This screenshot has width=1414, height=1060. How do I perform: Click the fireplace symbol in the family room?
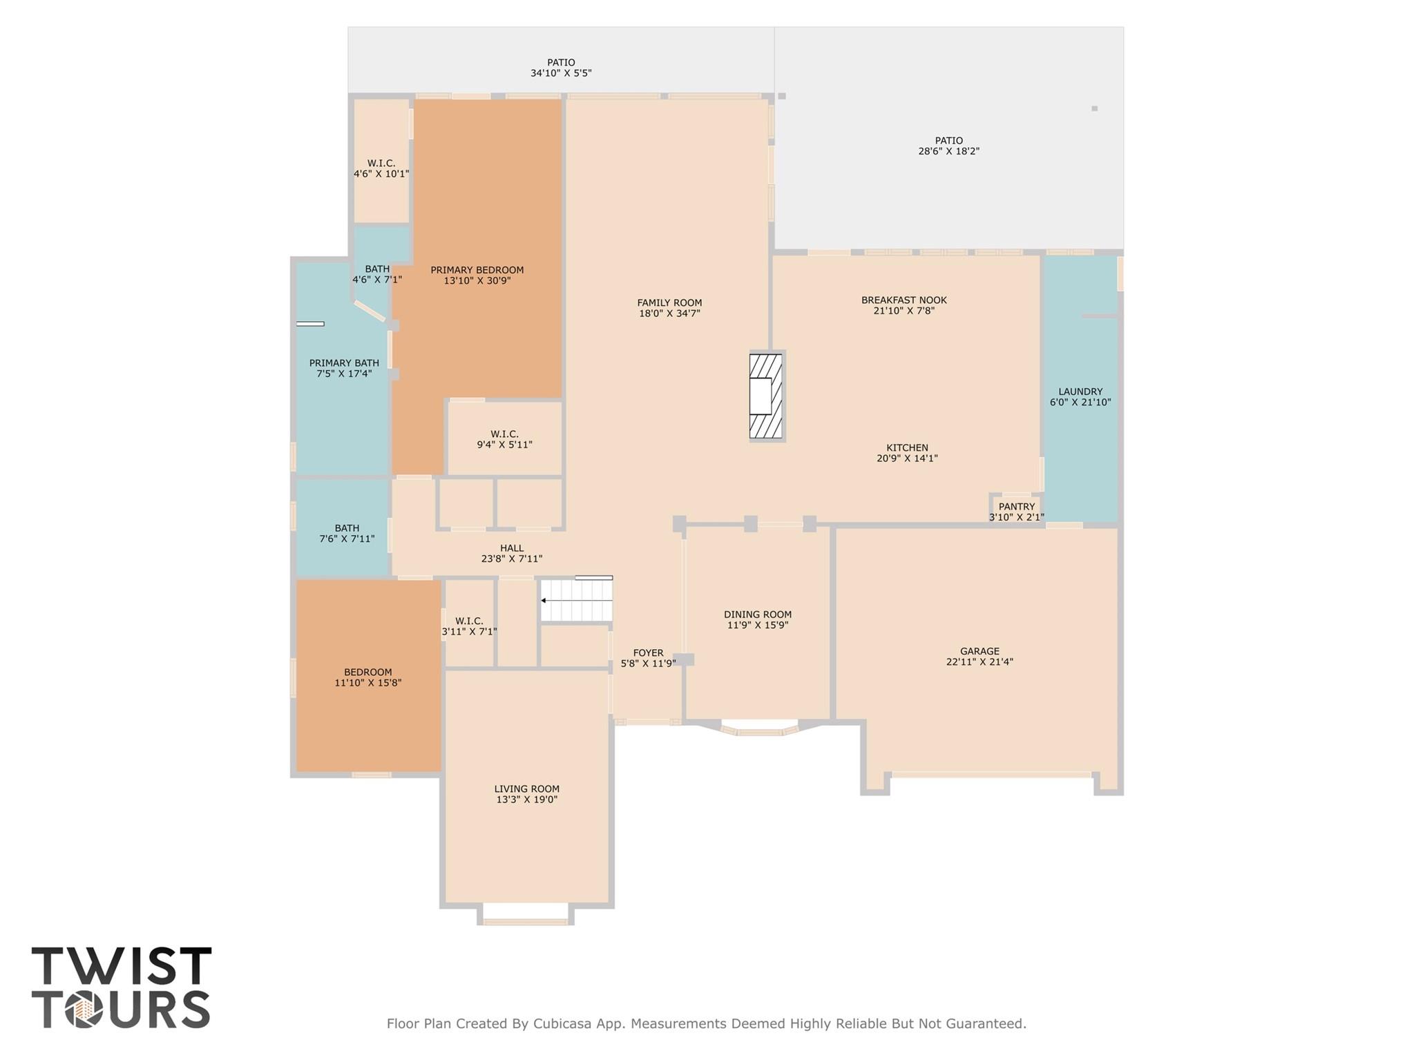click(765, 396)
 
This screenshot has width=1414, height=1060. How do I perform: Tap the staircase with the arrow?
click(576, 600)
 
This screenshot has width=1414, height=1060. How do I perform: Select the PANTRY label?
click(1016, 507)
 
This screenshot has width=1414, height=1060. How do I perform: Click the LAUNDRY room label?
click(1080, 392)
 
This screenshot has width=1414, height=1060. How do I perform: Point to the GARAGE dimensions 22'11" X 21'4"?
click(979, 662)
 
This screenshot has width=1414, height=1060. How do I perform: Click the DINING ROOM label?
click(757, 615)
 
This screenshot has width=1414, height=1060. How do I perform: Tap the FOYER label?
click(648, 653)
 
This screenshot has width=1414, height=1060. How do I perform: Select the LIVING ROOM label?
click(526, 789)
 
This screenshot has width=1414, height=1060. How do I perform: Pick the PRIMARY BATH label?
click(343, 363)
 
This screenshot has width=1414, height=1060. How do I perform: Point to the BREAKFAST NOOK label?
click(904, 300)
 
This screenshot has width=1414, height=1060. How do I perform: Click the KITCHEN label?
click(907, 448)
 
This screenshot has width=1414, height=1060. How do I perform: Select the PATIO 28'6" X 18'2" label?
click(948, 141)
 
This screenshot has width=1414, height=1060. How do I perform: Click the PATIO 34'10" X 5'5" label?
click(561, 63)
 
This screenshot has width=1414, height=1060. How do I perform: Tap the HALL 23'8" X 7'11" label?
click(511, 548)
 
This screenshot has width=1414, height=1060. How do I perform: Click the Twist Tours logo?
click(121, 988)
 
